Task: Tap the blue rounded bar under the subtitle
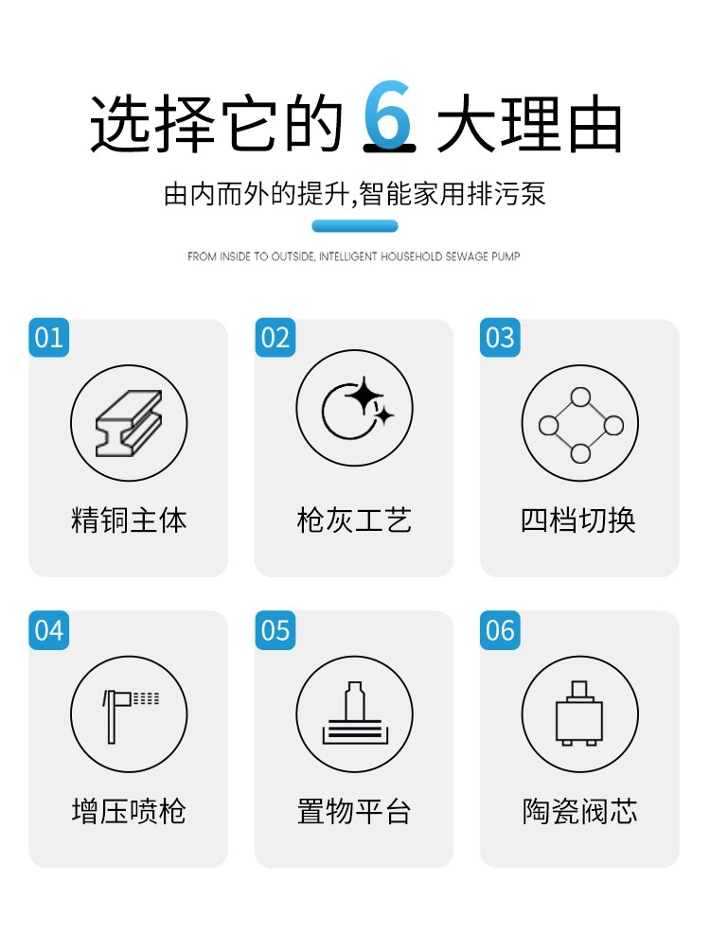point(355,226)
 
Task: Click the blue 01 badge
point(49,338)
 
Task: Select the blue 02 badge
point(275,338)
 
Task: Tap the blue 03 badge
point(500,338)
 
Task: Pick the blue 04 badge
point(49,630)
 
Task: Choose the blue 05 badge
point(275,630)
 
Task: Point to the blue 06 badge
point(500,630)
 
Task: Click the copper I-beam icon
point(129,423)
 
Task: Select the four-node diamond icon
point(580,425)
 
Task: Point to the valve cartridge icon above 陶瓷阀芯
point(579,713)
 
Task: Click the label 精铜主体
point(129,520)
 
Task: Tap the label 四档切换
point(578,520)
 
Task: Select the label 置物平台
point(354,811)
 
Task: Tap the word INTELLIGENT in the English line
point(348,256)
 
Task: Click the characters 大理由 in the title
point(529,123)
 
